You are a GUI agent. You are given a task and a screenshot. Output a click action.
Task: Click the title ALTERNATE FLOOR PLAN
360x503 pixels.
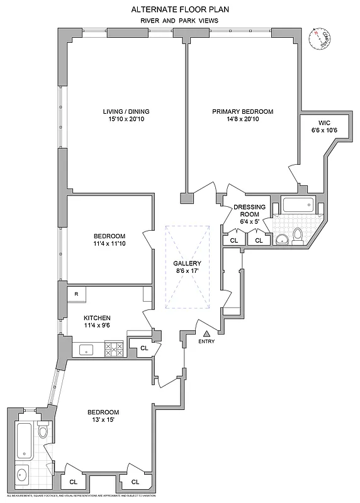pyautogui.click(x=180, y=9)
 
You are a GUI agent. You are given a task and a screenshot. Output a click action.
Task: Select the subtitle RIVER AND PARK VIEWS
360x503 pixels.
pyautogui.click(x=180, y=21)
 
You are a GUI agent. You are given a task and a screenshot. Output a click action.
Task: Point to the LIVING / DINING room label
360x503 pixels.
pyautogui.click(x=126, y=112)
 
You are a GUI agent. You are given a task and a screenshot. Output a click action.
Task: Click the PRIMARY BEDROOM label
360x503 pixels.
pyautogui.click(x=243, y=112)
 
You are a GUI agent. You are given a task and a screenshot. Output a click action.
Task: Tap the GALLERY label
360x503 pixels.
pyautogui.click(x=188, y=263)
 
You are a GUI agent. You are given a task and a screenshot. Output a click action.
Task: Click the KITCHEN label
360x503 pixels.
pyautogui.click(x=98, y=318)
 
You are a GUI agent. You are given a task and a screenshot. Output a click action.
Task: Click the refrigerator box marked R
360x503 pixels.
pyautogui.click(x=76, y=294)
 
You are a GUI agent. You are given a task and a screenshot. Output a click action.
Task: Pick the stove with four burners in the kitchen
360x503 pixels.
pyautogui.click(x=114, y=348)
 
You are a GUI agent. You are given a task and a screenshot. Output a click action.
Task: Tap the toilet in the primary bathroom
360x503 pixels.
pyautogui.click(x=298, y=235)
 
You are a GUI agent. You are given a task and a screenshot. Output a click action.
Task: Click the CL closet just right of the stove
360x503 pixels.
pyautogui.click(x=143, y=347)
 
